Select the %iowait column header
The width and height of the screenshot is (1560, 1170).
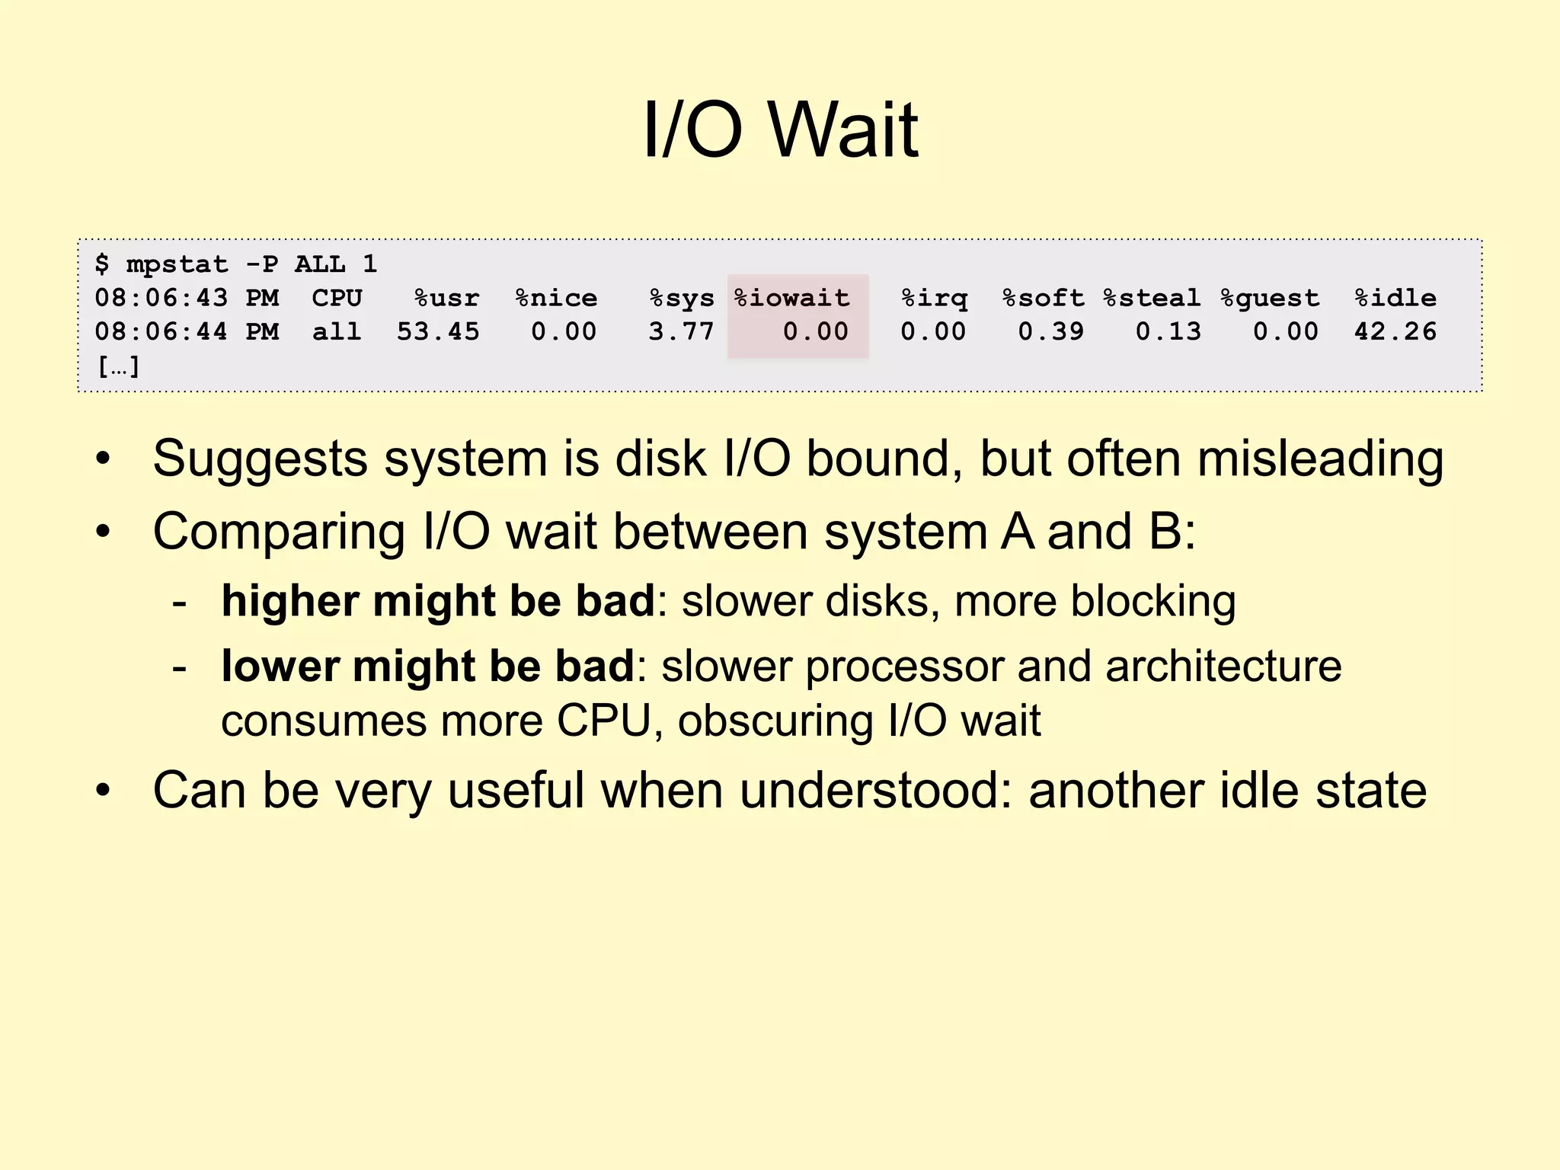tap(792, 298)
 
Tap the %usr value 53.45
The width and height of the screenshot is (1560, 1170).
tap(438, 331)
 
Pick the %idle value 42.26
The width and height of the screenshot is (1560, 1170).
tap(1395, 331)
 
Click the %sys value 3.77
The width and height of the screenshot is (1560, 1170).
tap(681, 331)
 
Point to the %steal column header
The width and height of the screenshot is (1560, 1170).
tap(1152, 298)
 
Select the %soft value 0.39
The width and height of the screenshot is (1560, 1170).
tap(1051, 331)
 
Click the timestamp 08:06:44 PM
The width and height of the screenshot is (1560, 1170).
tap(187, 331)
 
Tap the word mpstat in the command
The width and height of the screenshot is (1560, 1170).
tap(177, 264)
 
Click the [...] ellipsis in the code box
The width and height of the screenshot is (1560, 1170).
tap(118, 366)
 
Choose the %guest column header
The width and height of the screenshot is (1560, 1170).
tap(1270, 298)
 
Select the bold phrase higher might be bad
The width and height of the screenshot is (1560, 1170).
tap(438, 601)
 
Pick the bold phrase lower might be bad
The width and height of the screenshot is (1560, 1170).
tap(427, 667)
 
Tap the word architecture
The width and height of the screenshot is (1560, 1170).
tap(1223, 667)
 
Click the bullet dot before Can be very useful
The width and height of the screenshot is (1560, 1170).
tap(104, 791)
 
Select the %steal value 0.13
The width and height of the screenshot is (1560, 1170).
tap(1168, 331)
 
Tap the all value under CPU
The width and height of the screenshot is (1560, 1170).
tap(336, 331)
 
